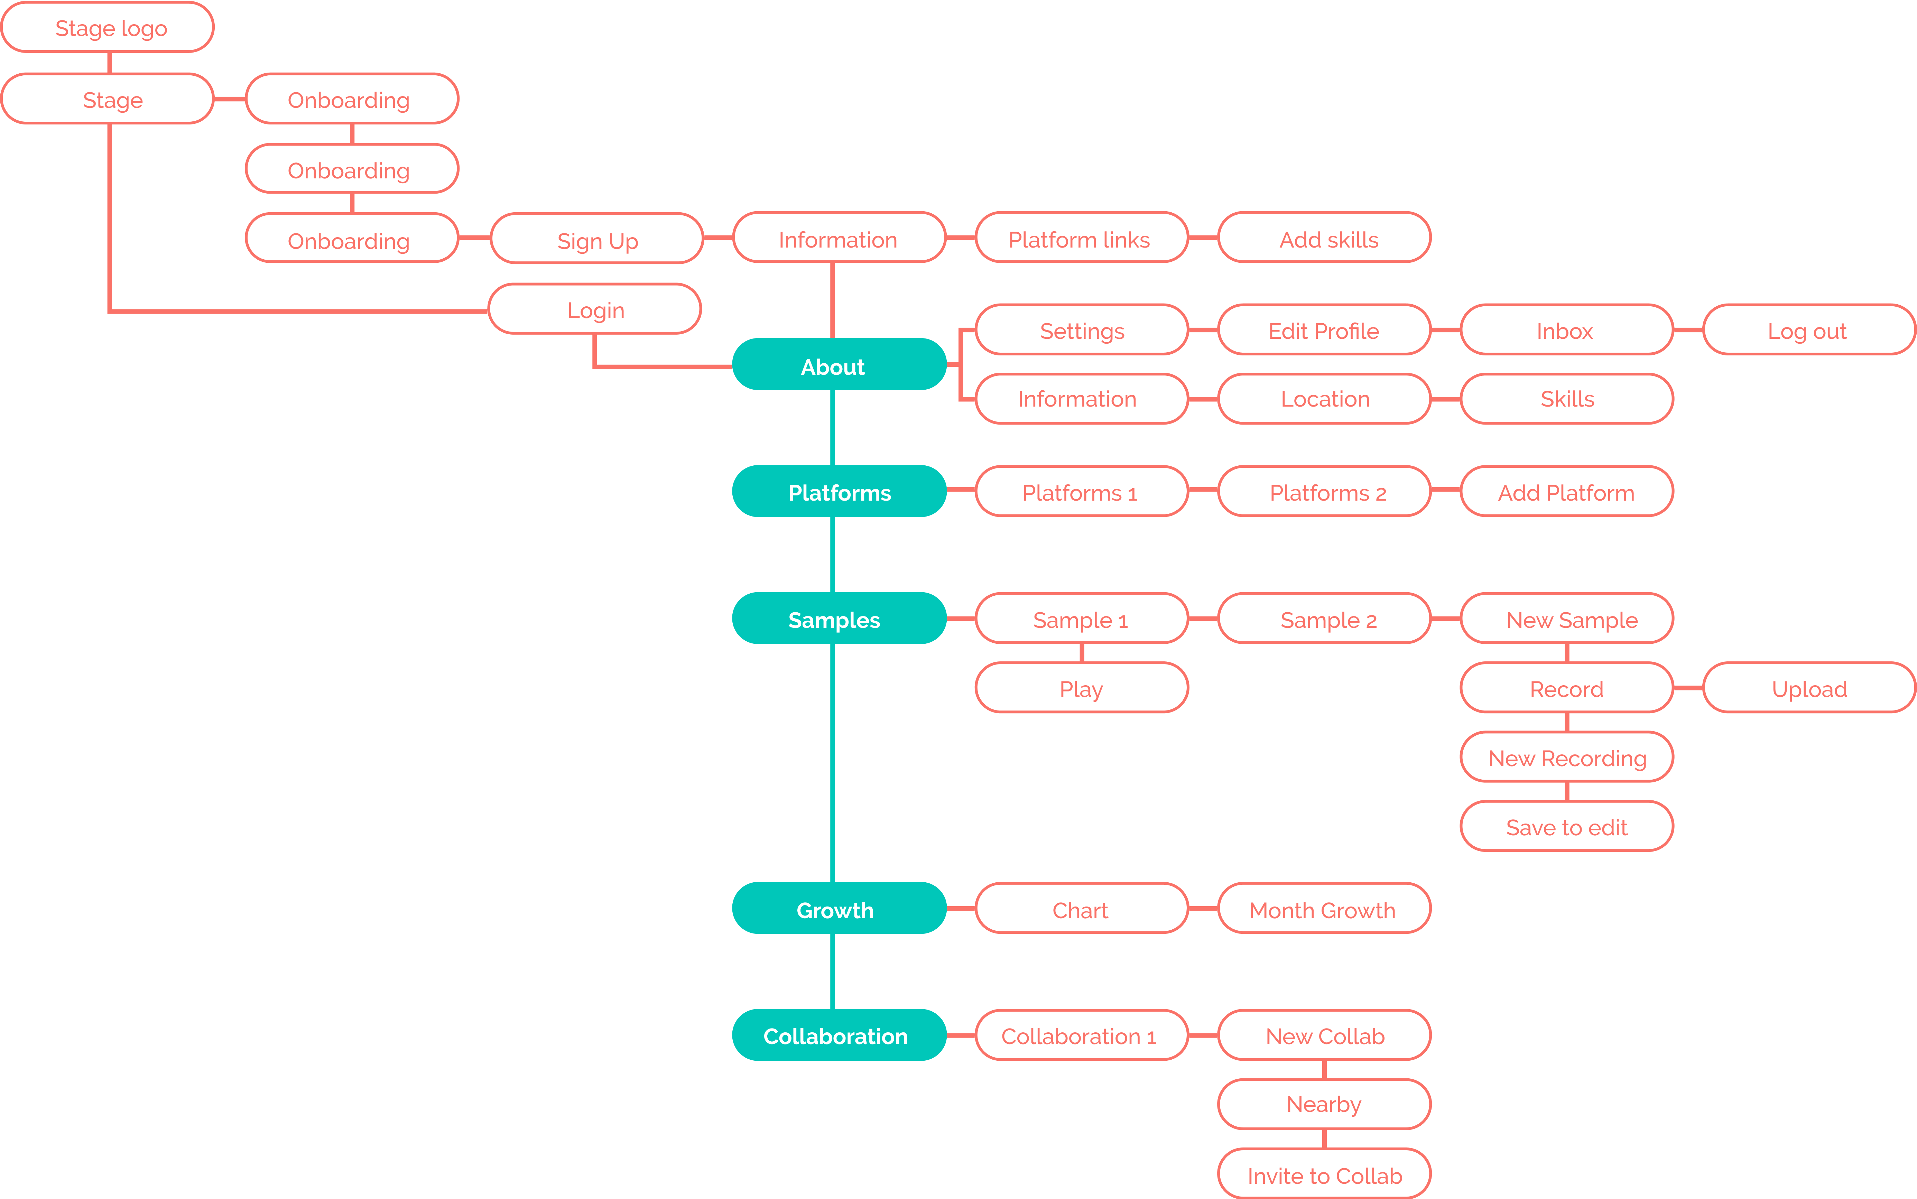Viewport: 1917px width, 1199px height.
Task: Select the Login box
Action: click(595, 309)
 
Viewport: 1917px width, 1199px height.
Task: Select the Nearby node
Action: click(1324, 1104)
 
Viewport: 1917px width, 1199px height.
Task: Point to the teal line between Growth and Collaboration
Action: click(832, 972)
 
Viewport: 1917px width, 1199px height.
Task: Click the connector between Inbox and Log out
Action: click(1688, 330)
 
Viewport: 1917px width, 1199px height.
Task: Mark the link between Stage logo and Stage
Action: click(110, 63)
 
